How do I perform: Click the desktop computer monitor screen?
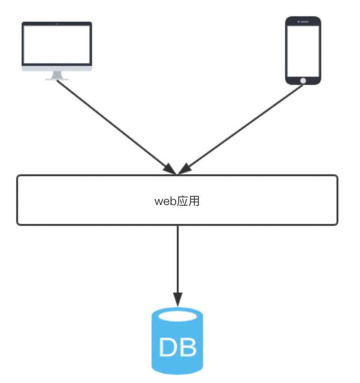[57, 44]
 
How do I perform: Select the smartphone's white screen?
[303, 50]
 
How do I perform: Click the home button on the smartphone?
[303, 80]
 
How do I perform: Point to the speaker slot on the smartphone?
[303, 22]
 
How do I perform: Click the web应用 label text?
[177, 201]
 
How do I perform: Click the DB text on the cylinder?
[177, 347]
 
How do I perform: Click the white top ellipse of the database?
[177, 316]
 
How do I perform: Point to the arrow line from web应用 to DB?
[177, 257]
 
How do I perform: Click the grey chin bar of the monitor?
[57, 69]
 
